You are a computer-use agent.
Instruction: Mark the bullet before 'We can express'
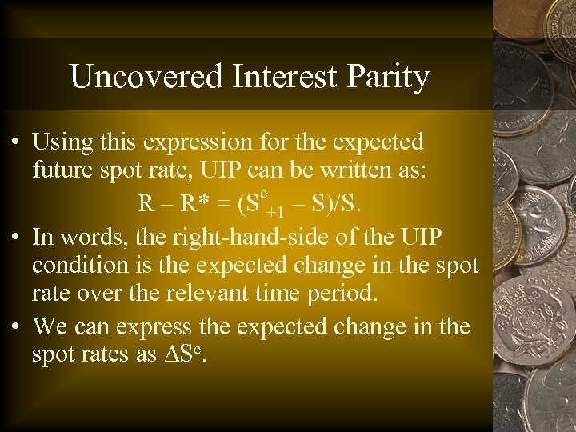tap(18, 328)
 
